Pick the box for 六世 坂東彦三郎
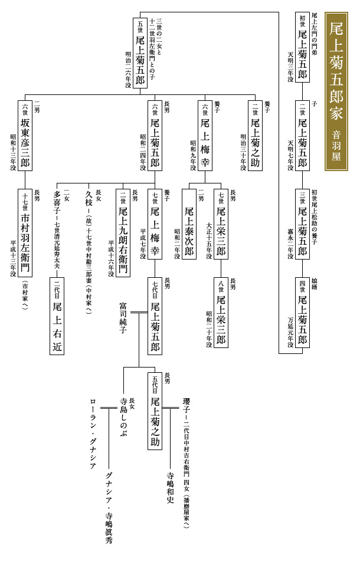[25, 135]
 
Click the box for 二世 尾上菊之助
[254, 135]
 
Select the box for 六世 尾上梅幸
[205, 135]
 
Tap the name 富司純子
[123, 318]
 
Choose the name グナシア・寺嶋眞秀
[109, 507]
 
